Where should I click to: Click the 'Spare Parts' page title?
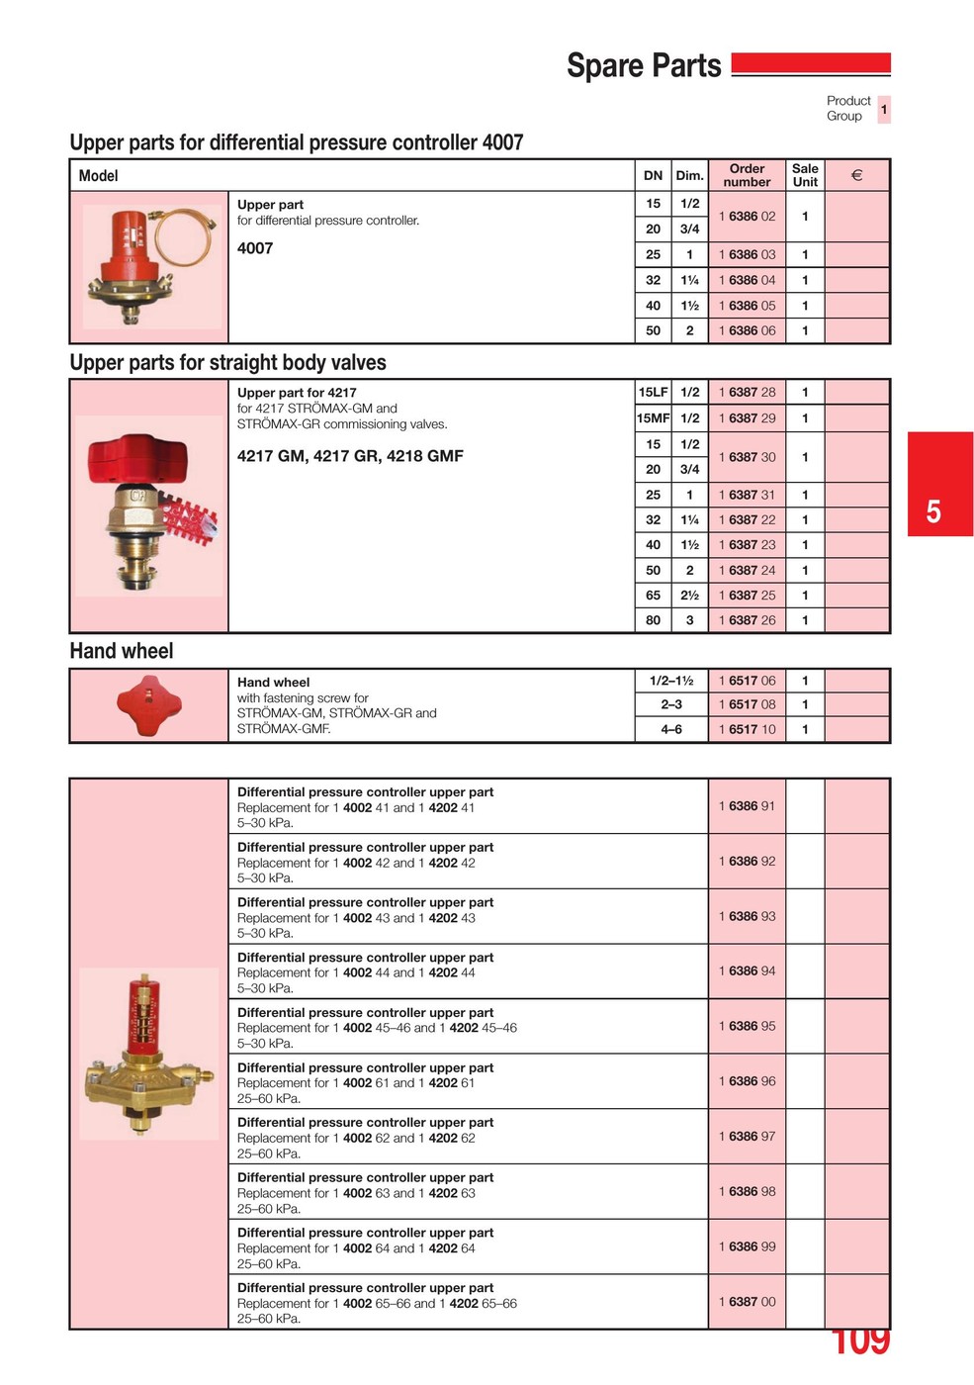click(x=644, y=66)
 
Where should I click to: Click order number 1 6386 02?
click(x=748, y=217)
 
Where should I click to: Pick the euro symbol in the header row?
click(x=857, y=175)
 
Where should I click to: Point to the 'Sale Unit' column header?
click(x=805, y=175)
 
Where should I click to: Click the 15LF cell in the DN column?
click(x=653, y=393)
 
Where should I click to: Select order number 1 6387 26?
click(x=748, y=621)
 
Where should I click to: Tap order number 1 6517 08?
click(x=748, y=705)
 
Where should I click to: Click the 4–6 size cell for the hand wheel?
click(x=671, y=730)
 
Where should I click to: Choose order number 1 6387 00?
click(x=748, y=1303)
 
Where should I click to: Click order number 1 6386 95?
click(x=748, y=1027)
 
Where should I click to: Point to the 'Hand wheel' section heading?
click(x=122, y=652)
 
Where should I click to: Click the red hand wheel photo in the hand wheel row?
click(x=149, y=705)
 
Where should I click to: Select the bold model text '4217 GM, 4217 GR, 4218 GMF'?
click(x=350, y=457)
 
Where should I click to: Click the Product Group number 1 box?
click(x=884, y=109)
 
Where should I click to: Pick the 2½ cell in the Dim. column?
click(x=689, y=596)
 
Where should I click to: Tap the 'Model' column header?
click(x=99, y=176)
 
